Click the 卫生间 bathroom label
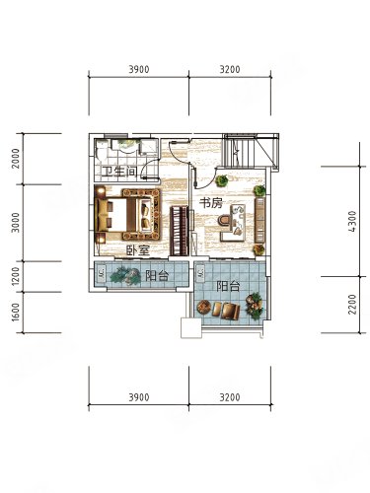pos(118,172)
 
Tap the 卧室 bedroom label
pos(139,250)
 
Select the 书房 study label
pos(211,203)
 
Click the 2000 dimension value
pos(16,159)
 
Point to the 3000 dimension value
pos(16,223)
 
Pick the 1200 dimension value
pos(16,276)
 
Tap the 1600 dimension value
pos(16,313)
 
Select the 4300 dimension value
pos(352,222)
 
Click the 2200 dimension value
pos(352,305)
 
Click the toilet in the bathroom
pos(102,150)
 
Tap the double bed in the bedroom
pos(128,215)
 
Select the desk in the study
pos(234,223)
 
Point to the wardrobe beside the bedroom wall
pos(180,231)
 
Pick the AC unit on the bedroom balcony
pos(102,274)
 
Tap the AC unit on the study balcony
pos(200,273)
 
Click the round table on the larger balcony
pos(204,308)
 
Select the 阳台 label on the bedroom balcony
pos(157,275)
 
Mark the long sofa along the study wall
pos(259,220)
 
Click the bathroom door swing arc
pos(149,165)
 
